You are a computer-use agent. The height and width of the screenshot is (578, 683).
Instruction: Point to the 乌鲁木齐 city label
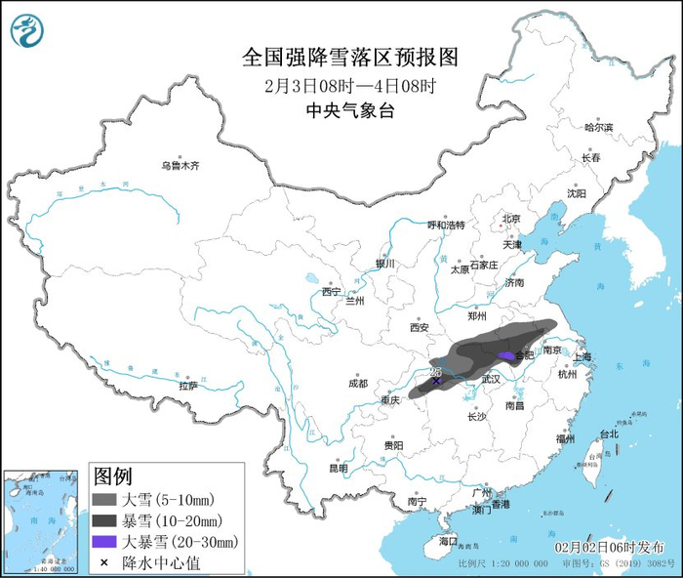(x=181, y=166)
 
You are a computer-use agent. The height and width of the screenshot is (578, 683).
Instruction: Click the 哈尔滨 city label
(x=598, y=127)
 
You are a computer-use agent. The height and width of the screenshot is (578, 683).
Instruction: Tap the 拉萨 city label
(x=188, y=386)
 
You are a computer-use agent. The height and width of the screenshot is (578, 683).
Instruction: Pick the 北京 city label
(x=511, y=219)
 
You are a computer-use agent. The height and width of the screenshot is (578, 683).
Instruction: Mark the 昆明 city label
(x=338, y=468)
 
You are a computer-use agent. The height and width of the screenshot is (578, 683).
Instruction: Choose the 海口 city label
(x=448, y=541)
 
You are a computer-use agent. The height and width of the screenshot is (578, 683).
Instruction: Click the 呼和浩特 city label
(x=446, y=225)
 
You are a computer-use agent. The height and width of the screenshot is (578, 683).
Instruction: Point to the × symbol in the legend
(x=103, y=560)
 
